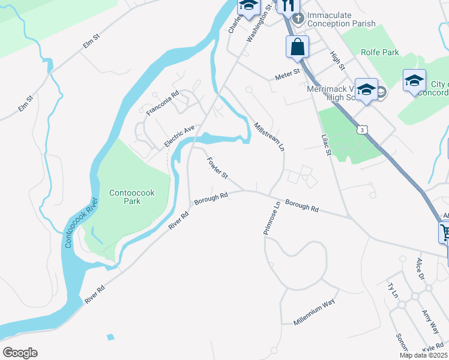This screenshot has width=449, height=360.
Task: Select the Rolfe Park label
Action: (x=380, y=53)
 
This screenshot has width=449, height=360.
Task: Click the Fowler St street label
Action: (x=217, y=168)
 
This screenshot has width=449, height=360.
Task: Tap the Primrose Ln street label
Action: (x=270, y=218)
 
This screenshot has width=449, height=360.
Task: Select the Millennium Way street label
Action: (x=314, y=313)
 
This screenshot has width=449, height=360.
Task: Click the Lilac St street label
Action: (x=325, y=144)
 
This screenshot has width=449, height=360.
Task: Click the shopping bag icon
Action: (x=298, y=47)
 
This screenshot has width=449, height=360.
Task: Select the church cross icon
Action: (x=298, y=14)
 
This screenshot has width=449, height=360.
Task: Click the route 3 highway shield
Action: (x=361, y=129)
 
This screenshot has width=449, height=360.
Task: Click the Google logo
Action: (x=20, y=353)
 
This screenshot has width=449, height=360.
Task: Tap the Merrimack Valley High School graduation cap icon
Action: (x=366, y=90)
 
